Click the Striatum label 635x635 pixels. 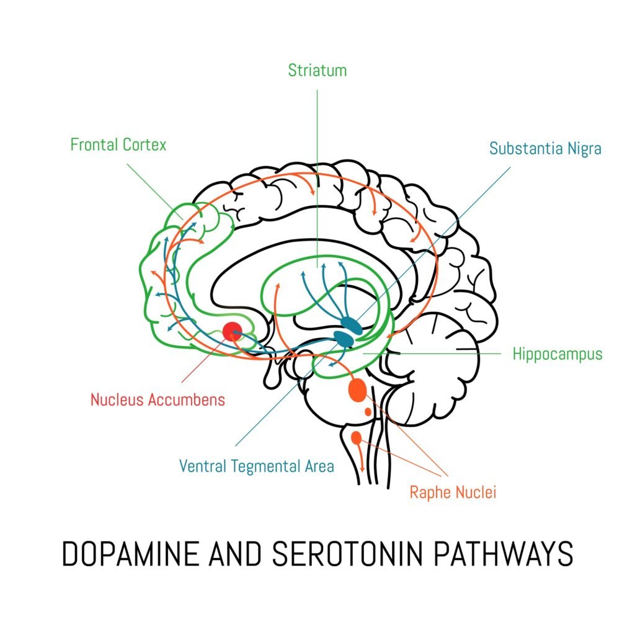pyautogui.click(x=317, y=71)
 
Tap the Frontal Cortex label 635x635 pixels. pyautogui.click(x=118, y=146)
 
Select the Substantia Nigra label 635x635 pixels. pyautogui.click(x=545, y=149)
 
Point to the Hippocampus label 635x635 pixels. pyautogui.click(x=557, y=354)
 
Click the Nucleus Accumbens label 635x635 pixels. pyautogui.click(x=158, y=400)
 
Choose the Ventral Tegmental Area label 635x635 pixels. pyautogui.click(x=256, y=466)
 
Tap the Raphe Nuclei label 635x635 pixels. pyautogui.click(x=453, y=493)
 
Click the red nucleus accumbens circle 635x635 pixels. pyautogui.click(x=233, y=331)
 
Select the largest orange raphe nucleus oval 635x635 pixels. pyautogui.click(x=358, y=390)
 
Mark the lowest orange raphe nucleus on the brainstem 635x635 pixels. pyautogui.click(x=356, y=438)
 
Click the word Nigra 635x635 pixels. pyautogui.click(x=582, y=149)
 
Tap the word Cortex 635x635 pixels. pyautogui.click(x=146, y=146)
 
